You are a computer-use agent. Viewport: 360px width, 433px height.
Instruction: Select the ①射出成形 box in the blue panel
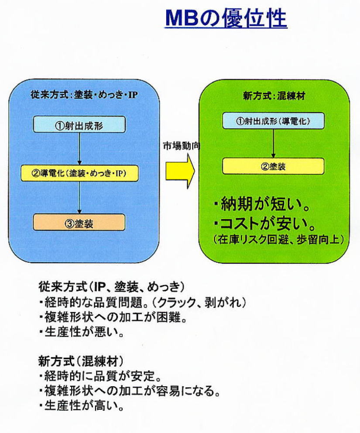pyautogui.click(x=79, y=124)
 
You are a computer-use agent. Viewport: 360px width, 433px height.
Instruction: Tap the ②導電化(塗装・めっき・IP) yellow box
pyautogui.click(x=80, y=173)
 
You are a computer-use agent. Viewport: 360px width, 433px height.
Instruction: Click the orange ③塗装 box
pyautogui.click(x=79, y=222)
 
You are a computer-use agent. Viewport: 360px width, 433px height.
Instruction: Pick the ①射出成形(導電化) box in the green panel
pyautogui.click(x=273, y=120)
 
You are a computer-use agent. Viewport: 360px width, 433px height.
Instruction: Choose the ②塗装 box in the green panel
pyautogui.click(x=273, y=166)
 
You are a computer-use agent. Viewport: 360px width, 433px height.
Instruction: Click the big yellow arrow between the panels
pyautogui.click(x=180, y=171)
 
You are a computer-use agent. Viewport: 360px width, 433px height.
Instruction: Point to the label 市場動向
pyautogui.click(x=182, y=145)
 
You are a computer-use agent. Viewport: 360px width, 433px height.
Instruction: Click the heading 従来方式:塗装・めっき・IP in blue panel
pyautogui.click(x=84, y=95)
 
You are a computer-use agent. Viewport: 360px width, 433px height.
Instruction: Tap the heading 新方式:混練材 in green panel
pyautogui.click(x=274, y=96)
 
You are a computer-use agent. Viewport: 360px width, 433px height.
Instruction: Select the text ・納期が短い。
pyautogui.click(x=261, y=204)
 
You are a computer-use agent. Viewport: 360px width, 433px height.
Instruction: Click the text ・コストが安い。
pyautogui.click(x=264, y=223)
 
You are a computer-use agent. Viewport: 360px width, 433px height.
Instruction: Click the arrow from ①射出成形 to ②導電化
pyautogui.click(x=79, y=149)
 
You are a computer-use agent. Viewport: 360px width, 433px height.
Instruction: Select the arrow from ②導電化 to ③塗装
pyautogui.click(x=79, y=198)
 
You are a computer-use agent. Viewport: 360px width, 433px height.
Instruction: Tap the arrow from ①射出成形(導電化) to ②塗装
pyautogui.click(x=273, y=144)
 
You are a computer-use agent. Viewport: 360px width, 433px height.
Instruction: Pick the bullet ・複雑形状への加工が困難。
pyautogui.click(x=113, y=317)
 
